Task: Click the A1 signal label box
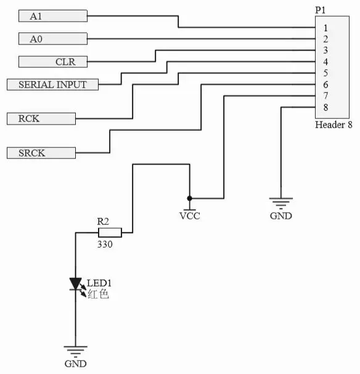pos(53,16)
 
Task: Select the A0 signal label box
pos(53,39)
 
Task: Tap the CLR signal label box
pos(53,62)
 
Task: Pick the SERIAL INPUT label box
pos(52,84)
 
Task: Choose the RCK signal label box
pos(41,119)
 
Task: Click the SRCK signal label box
pos(41,153)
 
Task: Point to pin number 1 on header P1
pos(325,28)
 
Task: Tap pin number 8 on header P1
pos(325,108)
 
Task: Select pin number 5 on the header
pos(325,73)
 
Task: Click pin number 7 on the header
pos(325,96)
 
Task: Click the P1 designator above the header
pos(320,10)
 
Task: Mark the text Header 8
pos(333,124)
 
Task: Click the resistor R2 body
pos(110,232)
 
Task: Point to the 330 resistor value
pos(105,244)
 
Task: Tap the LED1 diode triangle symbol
pos(76,284)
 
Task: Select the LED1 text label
pos(99,283)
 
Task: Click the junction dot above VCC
pos(189,198)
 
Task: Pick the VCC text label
pos(190,216)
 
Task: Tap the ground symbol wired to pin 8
pos(281,203)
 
